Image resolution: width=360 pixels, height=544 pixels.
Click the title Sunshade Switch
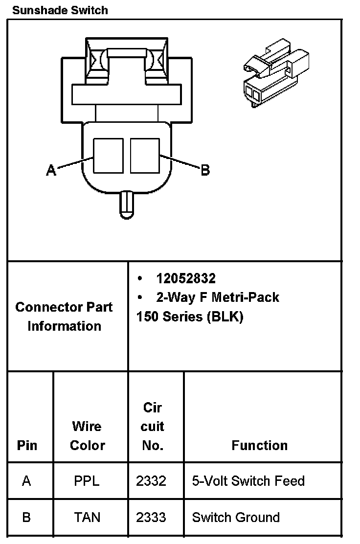[x=60, y=10]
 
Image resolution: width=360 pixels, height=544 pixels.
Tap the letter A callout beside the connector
[x=51, y=170]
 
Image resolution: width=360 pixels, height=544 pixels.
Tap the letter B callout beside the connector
[x=205, y=170]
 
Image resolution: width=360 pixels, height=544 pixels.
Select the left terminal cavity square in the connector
[x=108, y=155]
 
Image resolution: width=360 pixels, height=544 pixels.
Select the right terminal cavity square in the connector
[x=145, y=155]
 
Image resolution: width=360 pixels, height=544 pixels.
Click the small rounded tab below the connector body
[x=127, y=204]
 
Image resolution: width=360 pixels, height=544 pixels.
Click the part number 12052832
[x=186, y=278]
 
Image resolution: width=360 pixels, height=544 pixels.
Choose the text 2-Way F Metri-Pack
[x=218, y=297]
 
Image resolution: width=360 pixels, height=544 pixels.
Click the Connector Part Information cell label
[x=64, y=317]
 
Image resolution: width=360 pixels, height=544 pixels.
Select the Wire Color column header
[x=87, y=435]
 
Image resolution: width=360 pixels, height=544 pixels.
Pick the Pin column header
[x=27, y=445]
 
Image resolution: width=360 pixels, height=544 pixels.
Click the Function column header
[x=259, y=445]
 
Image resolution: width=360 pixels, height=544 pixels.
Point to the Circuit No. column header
[x=152, y=426]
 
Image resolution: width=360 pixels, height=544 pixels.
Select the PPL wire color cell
[x=87, y=481]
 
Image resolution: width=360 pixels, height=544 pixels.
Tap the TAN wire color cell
[x=88, y=517]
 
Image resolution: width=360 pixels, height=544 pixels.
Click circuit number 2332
[x=151, y=481]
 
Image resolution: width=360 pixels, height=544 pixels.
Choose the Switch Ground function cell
[x=236, y=517]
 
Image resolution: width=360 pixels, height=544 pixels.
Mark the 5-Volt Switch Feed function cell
[x=248, y=481]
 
